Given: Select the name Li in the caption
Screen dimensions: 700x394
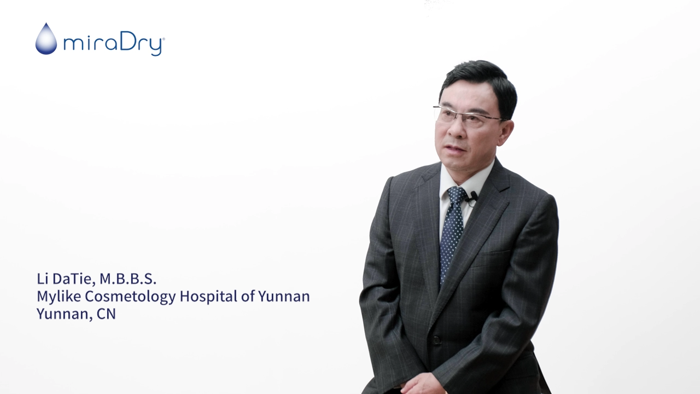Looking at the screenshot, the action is click(42, 279).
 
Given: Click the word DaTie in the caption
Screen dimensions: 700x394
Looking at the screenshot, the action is click(73, 279).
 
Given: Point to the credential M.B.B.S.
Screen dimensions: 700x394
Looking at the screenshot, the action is click(128, 279).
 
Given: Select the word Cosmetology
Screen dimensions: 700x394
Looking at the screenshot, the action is click(130, 297).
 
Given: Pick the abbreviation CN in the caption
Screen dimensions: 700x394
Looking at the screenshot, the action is click(106, 314).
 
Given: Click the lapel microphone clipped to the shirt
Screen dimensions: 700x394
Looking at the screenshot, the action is click(472, 197).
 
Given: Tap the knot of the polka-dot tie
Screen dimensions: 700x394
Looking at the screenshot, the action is click(457, 194).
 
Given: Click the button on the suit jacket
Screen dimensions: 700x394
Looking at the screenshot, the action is click(436, 340).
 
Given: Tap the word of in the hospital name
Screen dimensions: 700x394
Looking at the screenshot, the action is click(248, 296).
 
